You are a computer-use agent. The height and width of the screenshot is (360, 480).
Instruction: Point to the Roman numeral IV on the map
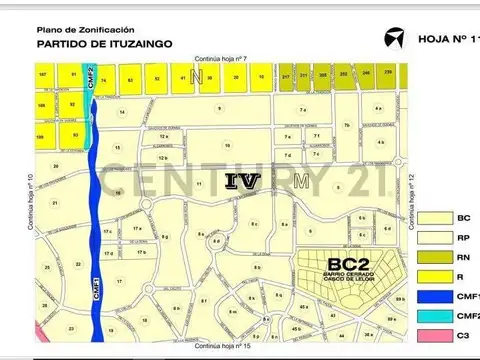(x=244, y=181)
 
